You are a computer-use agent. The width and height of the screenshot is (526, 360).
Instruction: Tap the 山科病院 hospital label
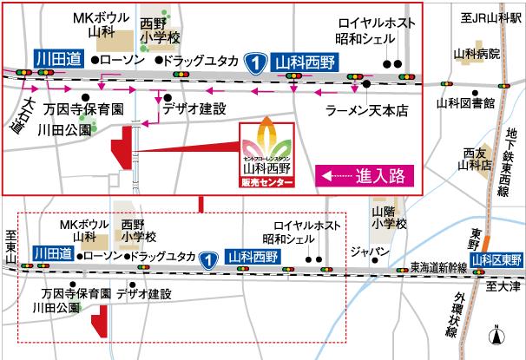pyautogui.click(x=477, y=53)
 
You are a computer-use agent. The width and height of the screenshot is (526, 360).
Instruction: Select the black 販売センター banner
pyautogui.click(x=266, y=183)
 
